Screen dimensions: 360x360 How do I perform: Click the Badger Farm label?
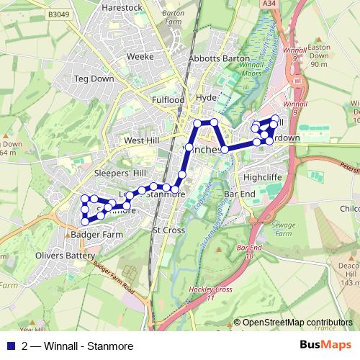tap(97, 234)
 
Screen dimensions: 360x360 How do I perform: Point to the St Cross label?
tap(168, 230)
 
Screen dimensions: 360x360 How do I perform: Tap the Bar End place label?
tap(240, 194)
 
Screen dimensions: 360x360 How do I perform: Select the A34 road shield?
tap(269, 4)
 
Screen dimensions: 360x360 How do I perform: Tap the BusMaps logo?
tap(325, 344)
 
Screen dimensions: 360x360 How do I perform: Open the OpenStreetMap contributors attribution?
tap(297, 323)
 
